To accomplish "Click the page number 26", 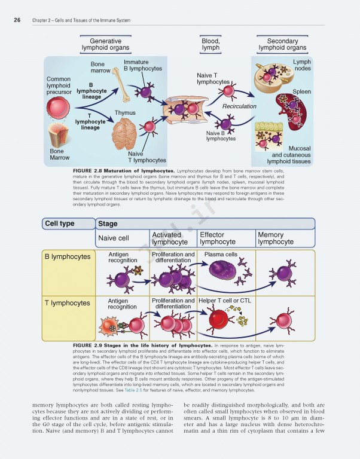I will tap(17, 20).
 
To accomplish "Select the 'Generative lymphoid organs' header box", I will tap(105, 44).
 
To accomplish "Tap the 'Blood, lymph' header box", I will tap(210, 44).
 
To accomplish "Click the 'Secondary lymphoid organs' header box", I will tap(282, 44).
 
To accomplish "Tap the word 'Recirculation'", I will tap(239, 106).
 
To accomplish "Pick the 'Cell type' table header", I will tap(59, 224).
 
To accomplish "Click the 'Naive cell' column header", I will tap(114, 238).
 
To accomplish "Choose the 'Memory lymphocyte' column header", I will tap(276, 238).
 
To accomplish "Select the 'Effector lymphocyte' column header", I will tap(218, 238).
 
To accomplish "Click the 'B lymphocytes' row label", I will tap(68, 256).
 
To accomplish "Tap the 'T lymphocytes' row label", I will tap(68, 303).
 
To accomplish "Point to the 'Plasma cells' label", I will tap(221, 255).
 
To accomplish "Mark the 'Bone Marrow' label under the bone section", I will tap(59, 155).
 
